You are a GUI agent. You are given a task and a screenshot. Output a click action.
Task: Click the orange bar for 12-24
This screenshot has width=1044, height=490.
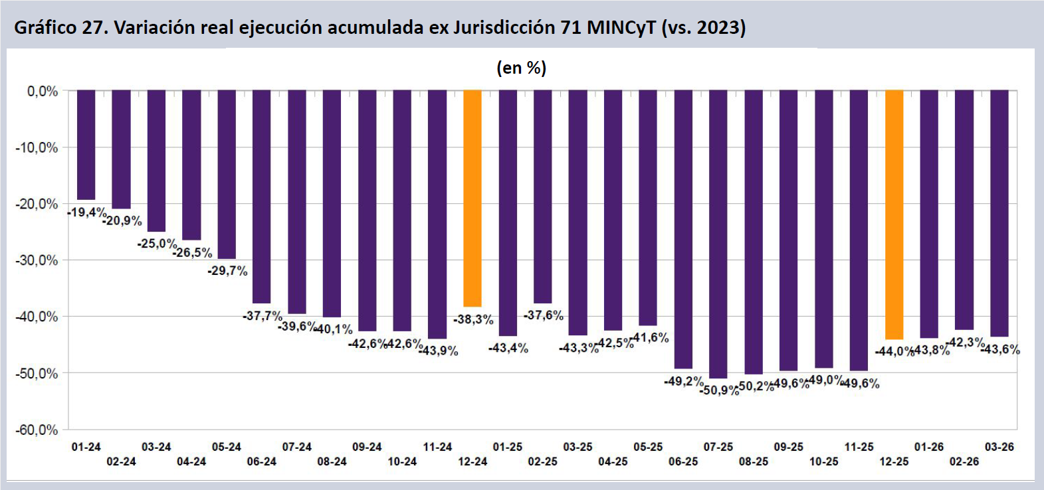472,198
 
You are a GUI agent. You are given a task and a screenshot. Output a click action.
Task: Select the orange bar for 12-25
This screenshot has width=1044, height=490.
894,214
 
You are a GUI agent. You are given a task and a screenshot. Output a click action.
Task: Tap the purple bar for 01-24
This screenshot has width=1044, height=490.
86,145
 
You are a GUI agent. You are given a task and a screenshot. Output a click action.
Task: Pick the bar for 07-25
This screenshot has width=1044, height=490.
718,234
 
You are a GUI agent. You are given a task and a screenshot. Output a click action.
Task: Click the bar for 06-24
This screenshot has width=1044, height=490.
262,197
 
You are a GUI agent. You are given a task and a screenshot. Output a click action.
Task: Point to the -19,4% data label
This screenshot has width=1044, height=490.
86,212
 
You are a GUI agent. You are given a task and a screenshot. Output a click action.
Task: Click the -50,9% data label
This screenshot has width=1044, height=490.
719,390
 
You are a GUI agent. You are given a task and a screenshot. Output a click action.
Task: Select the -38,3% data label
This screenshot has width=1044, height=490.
473,319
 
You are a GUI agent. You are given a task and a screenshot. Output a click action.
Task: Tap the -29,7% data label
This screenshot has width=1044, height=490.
227,271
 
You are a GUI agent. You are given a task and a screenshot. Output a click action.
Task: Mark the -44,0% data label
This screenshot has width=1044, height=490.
894,351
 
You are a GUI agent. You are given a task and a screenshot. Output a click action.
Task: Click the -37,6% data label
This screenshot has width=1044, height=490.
543,315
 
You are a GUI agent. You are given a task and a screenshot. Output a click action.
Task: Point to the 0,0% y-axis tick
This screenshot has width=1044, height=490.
43,91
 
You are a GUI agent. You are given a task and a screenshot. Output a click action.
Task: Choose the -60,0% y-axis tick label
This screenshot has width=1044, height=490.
37,430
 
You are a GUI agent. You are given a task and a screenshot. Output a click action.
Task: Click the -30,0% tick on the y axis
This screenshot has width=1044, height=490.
37,260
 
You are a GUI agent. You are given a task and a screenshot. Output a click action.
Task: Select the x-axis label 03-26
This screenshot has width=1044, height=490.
999,447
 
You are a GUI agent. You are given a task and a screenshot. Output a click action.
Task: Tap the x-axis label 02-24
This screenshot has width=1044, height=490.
121,461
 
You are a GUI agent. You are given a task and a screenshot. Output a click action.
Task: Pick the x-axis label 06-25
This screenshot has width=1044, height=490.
683,461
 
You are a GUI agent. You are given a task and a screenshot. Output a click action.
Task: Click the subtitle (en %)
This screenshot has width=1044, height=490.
521,68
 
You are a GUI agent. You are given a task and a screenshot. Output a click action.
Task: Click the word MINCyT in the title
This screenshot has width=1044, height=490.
621,28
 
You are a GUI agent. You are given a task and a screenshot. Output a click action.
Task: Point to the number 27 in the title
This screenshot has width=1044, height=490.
94,28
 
